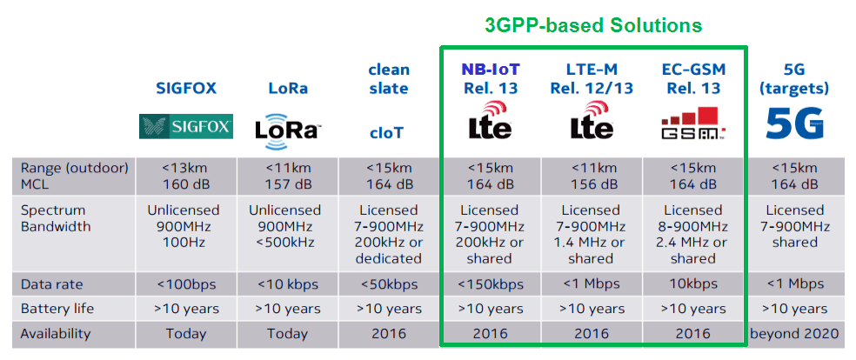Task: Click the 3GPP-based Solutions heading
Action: pyautogui.click(x=593, y=25)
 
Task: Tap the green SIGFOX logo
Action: pyautogui.click(x=186, y=127)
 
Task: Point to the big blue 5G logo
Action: pyautogui.click(x=794, y=123)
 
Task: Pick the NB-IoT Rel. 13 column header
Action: pyautogui.click(x=492, y=78)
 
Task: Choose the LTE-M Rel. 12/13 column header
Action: pyautogui.click(x=592, y=78)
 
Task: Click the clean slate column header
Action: pyautogui.click(x=389, y=78)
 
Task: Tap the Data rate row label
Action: pyautogui.click(x=52, y=284)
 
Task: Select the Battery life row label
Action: pyautogui.click(x=57, y=309)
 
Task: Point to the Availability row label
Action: pyautogui.click(x=56, y=333)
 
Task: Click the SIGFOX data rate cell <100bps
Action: pyautogui.click(x=186, y=284)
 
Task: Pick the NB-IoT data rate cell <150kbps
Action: pyautogui.click(x=491, y=284)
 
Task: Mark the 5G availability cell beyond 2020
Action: pyautogui.click(x=794, y=333)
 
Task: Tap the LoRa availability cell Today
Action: pyautogui.click(x=288, y=333)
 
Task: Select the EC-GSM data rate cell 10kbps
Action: pyautogui.click(x=692, y=284)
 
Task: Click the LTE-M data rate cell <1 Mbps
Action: pyautogui.click(x=592, y=284)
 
